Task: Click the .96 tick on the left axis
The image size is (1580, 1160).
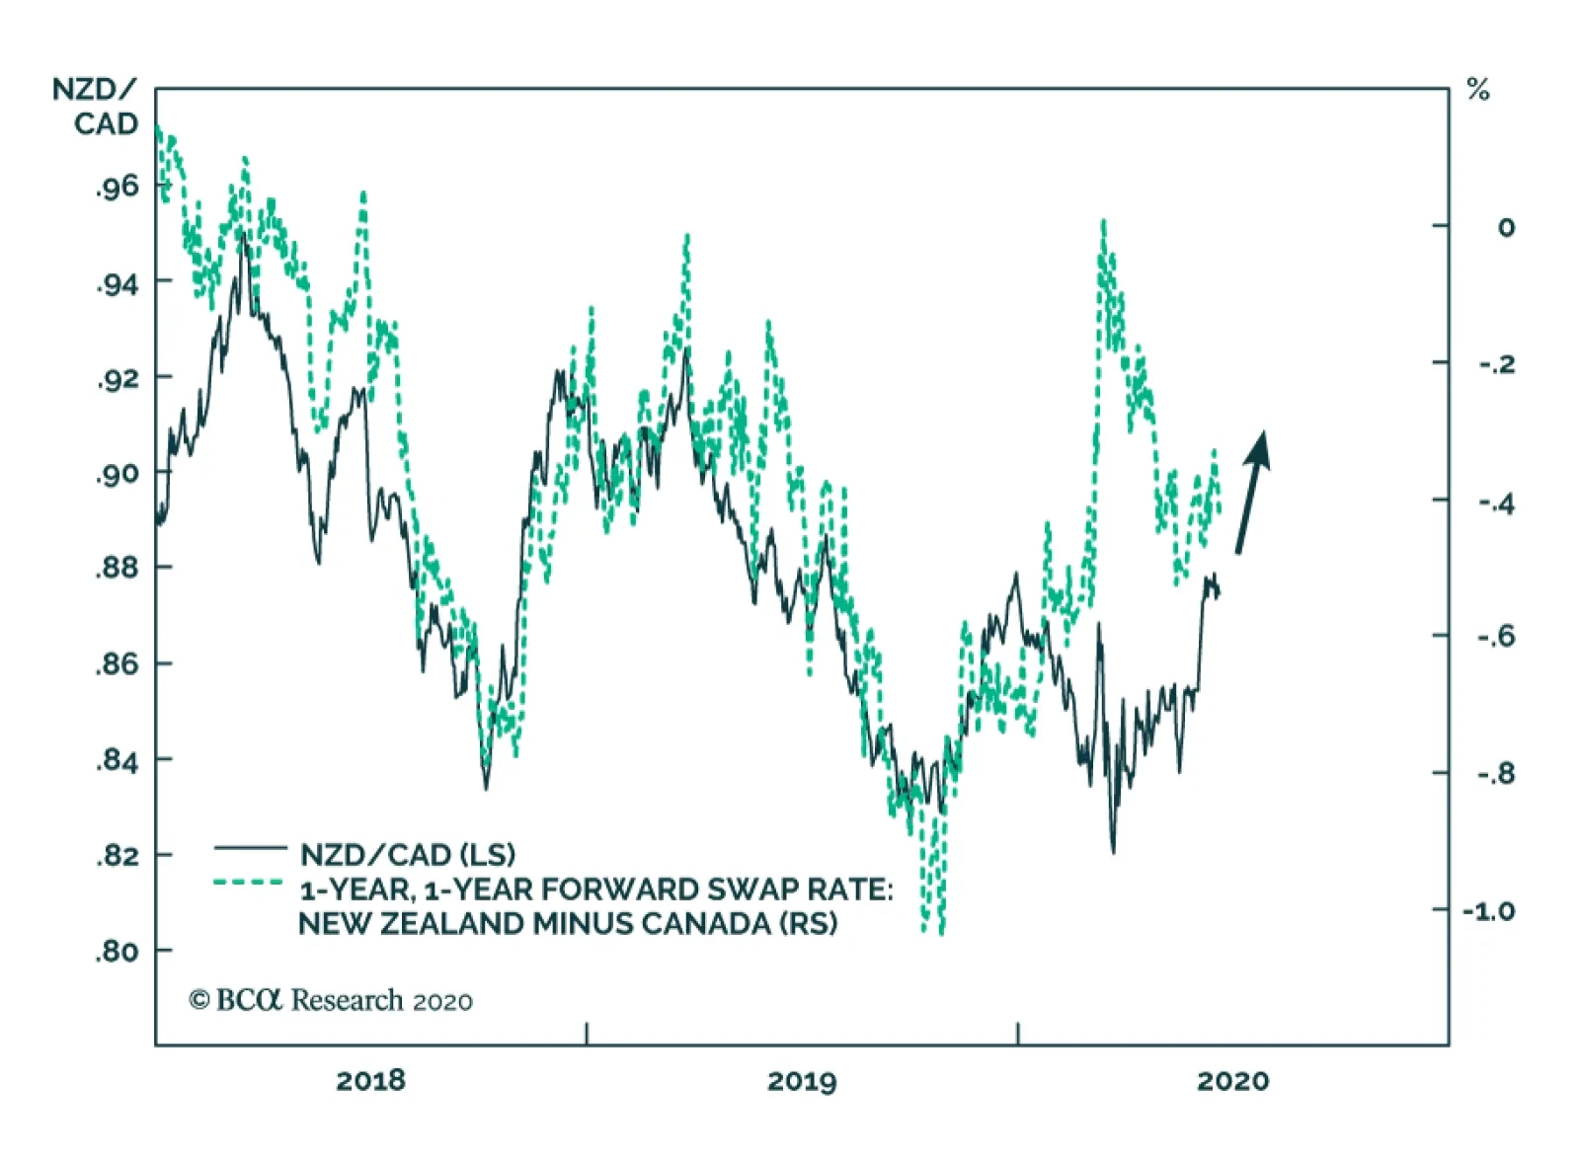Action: coord(118,187)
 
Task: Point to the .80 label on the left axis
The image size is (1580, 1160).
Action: coord(118,951)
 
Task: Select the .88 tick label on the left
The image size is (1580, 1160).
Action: coord(118,568)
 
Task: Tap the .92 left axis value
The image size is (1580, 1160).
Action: coord(118,378)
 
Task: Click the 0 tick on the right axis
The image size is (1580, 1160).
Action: coord(1505,227)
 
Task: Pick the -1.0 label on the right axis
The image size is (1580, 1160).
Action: coord(1489,910)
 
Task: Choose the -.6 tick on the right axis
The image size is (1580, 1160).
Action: coord(1496,636)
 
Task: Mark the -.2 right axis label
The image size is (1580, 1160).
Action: coord(1496,364)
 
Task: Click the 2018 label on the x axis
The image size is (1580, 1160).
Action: coord(370,1081)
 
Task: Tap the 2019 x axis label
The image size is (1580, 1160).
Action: coord(802,1081)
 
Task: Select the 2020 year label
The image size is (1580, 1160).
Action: coord(1232,1081)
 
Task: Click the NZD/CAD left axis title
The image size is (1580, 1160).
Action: coord(96,107)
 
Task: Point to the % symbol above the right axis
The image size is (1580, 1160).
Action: coord(1477,91)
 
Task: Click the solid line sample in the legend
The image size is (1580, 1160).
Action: coord(250,847)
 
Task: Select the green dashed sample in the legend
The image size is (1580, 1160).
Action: coord(250,882)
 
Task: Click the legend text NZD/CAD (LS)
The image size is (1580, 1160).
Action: coord(408,854)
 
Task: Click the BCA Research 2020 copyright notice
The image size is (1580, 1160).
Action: coord(331,1000)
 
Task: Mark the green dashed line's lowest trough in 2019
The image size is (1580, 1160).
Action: coord(940,930)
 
